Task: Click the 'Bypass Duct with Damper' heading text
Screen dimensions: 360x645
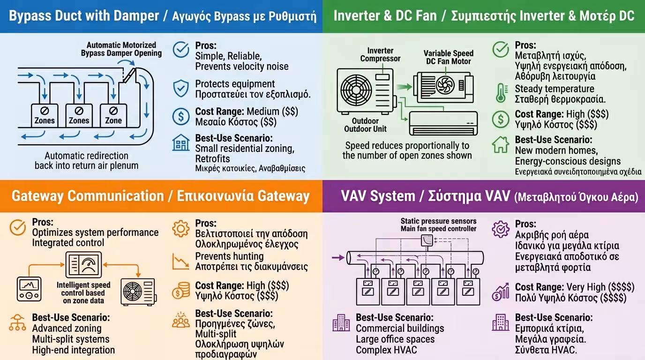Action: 84,16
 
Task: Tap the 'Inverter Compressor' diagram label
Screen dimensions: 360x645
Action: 380,54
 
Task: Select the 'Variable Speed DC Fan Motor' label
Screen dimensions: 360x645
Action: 448,57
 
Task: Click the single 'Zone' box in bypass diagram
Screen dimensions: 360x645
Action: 113,115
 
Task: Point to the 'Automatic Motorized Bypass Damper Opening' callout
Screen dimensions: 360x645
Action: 121,49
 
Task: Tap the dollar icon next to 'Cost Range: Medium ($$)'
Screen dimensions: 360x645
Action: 181,116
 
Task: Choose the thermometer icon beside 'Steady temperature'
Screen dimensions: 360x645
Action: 501,93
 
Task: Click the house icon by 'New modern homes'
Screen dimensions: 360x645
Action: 501,145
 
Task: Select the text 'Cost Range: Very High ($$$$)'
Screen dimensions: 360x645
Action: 574,287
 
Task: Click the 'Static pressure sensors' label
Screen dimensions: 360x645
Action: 438,221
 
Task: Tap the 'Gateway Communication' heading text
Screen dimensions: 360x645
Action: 87,196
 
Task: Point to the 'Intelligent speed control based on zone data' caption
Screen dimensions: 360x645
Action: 83,292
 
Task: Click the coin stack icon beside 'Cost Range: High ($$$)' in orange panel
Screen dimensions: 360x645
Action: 181,291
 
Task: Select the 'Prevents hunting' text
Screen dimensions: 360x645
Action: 229,256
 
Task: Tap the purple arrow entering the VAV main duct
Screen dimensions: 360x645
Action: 337,257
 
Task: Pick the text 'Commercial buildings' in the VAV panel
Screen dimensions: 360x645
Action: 400,328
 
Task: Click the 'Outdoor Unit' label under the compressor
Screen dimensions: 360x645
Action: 365,128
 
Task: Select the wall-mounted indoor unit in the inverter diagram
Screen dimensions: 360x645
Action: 443,123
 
